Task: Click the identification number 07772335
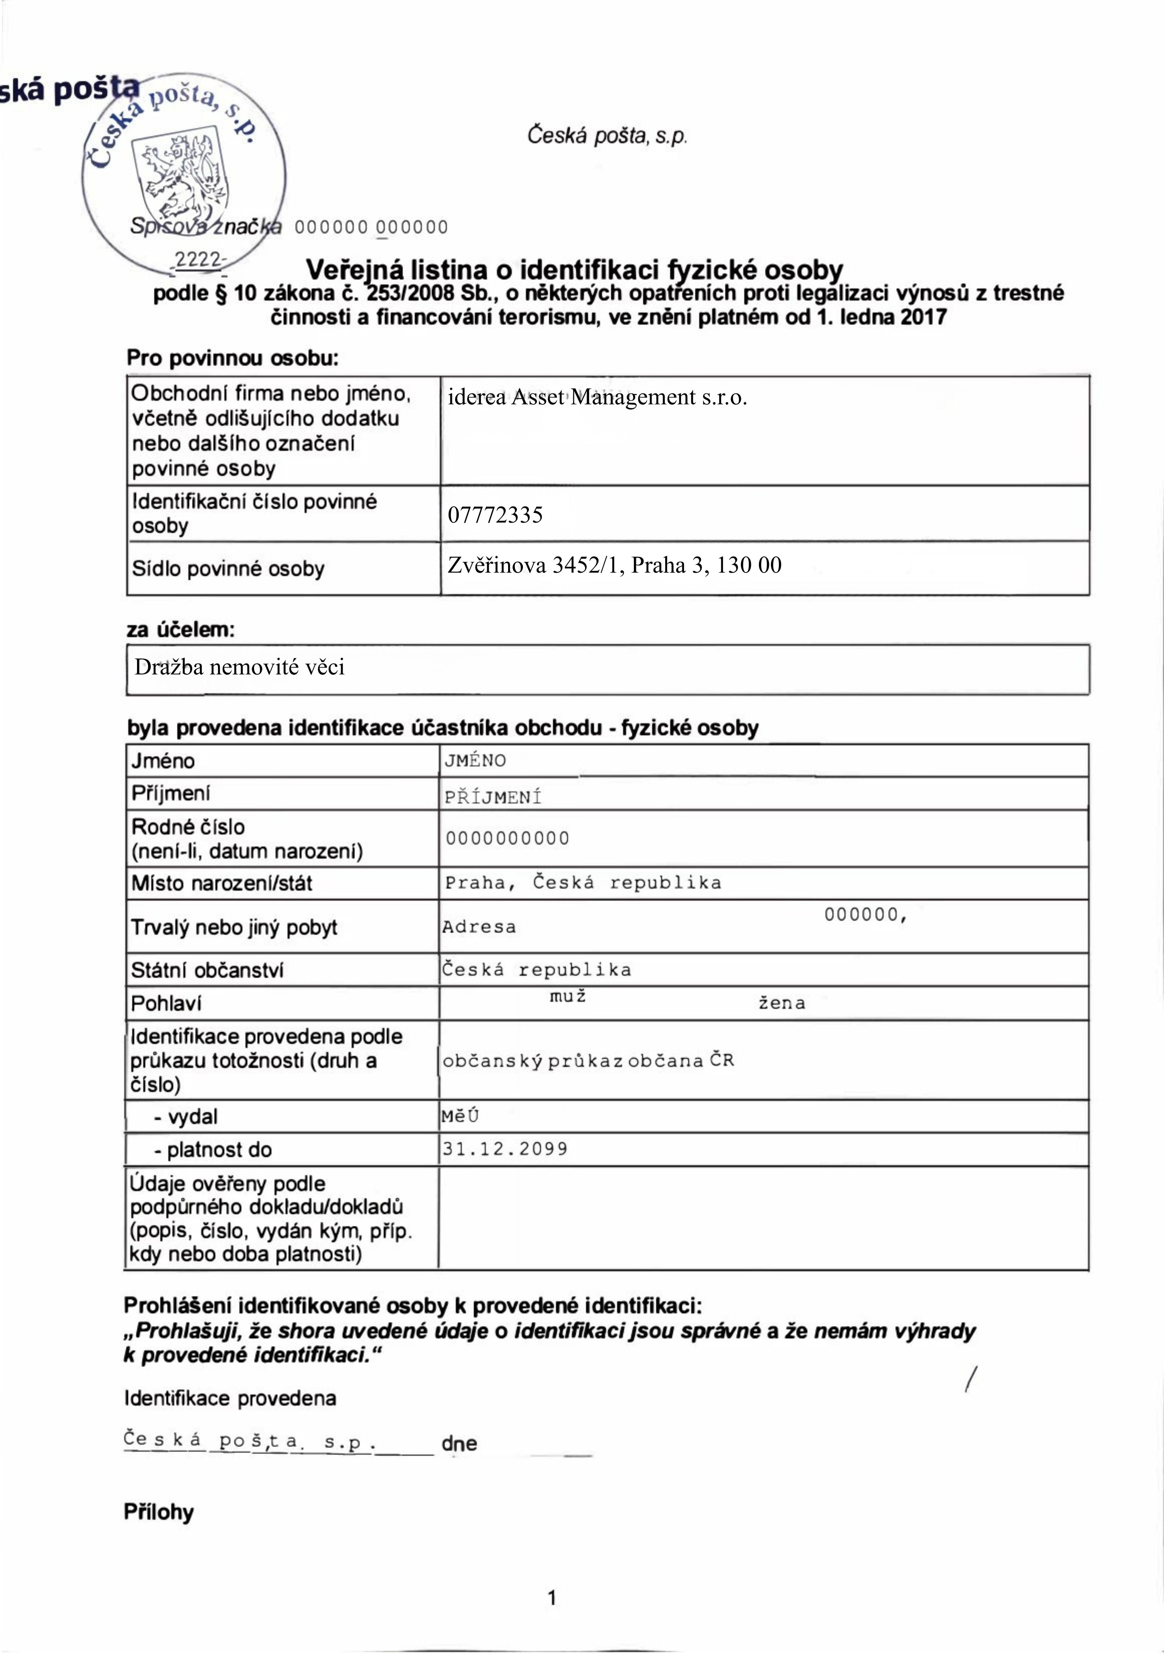pyautogui.click(x=495, y=515)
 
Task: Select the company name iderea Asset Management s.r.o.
pyautogui.click(x=597, y=398)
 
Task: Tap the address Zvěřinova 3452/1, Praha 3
pyautogui.click(x=614, y=565)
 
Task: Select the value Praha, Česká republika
pyautogui.click(x=583, y=883)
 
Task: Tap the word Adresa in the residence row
pyautogui.click(x=479, y=927)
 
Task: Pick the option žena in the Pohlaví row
pyautogui.click(x=782, y=1003)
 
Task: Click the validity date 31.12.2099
pyautogui.click(x=505, y=1149)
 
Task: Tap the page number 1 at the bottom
pyautogui.click(x=552, y=1598)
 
